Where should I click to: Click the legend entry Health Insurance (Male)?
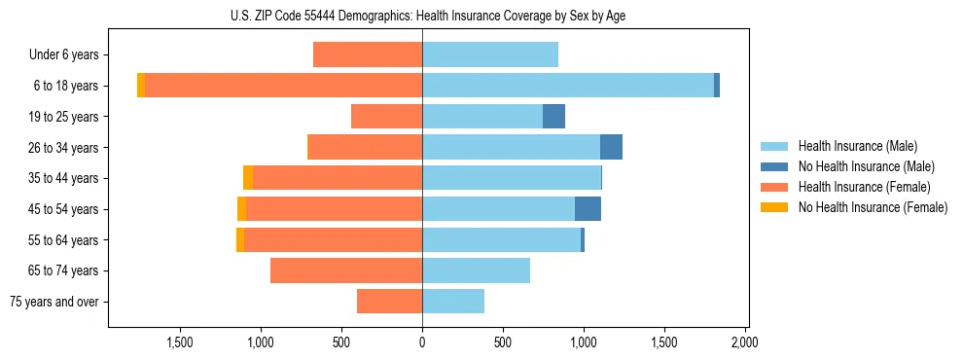857,146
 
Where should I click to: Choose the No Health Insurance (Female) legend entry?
873,207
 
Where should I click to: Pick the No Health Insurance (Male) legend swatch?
775,166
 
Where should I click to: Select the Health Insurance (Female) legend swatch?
775,187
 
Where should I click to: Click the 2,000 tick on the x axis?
744,342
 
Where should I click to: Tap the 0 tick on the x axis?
422,342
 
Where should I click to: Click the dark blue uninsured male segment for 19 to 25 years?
553,117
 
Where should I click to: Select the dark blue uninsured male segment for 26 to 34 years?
611,147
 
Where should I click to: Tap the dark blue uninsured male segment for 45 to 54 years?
588,209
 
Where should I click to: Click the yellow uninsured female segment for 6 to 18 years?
141,86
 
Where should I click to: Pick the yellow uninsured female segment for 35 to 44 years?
248,178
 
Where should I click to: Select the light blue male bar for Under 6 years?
490,55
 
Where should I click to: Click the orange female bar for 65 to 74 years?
346,270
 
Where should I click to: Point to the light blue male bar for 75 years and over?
453,302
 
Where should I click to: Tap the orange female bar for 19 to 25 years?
386,117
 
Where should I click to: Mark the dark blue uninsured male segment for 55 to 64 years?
583,239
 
